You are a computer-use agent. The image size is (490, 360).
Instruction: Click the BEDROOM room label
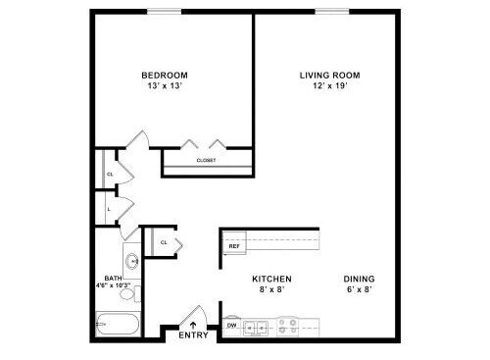[x=165, y=76]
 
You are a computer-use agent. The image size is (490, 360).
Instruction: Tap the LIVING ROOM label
[x=330, y=76]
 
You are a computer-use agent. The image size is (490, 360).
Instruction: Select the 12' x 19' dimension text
[x=330, y=86]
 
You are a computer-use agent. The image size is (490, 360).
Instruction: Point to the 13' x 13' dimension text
[x=165, y=86]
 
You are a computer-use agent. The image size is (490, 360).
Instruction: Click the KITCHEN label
[x=271, y=279]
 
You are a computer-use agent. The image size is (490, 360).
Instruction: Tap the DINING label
[x=359, y=279]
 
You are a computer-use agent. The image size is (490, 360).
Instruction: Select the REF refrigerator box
[x=234, y=243]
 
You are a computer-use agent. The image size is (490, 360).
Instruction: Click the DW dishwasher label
[x=231, y=326]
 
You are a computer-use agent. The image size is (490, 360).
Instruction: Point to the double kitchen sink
[x=257, y=327]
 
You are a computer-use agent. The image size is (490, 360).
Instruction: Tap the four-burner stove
[x=288, y=327]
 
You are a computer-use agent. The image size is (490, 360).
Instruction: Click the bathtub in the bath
[x=118, y=324]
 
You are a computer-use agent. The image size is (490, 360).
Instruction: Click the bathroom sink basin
[x=132, y=261]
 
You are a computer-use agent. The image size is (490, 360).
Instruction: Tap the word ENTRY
[x=193, y=335]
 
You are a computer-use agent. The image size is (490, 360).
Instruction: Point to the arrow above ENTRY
[x=193, y=325]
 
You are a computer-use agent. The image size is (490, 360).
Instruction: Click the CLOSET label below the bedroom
[x=206, y=161]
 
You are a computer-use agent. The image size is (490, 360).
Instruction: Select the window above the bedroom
[x=164, y=12]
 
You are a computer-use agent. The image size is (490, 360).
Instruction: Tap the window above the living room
[x=332, y=12]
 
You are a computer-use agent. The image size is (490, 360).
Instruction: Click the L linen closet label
[x=109, y=209]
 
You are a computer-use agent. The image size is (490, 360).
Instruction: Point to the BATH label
[x=113, y=279]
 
